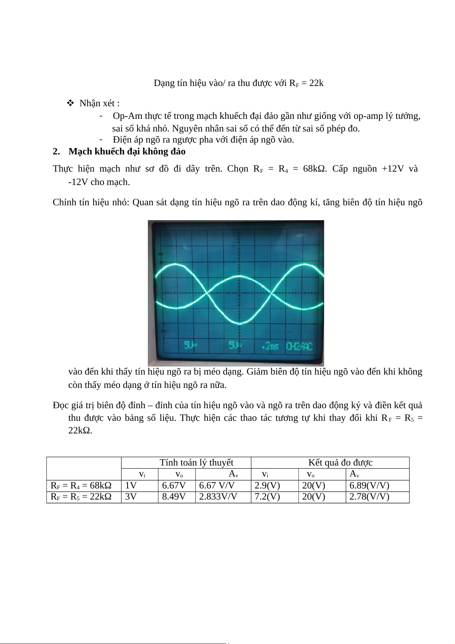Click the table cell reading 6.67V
[x=174, y=485]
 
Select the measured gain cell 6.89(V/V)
[x=369, y=485]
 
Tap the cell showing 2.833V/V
[x=218, y=496]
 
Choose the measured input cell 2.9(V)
[x=267, y=485]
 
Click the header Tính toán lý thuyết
[x=196, y=462]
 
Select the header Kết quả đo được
[x=340, y=462]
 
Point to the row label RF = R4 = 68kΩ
[x=81, y=485]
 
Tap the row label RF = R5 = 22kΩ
[x=81, y=496]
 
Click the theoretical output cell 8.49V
[x=174, y=496]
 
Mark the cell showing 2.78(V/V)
[x=369, y=496]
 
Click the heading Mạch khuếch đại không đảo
[x=127, y=151]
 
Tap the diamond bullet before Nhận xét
[x=70, y=103]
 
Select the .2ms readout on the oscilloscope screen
[x=270, y=346]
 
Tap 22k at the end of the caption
[x=316, y=83]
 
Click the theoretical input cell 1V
[x=131, y=485]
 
